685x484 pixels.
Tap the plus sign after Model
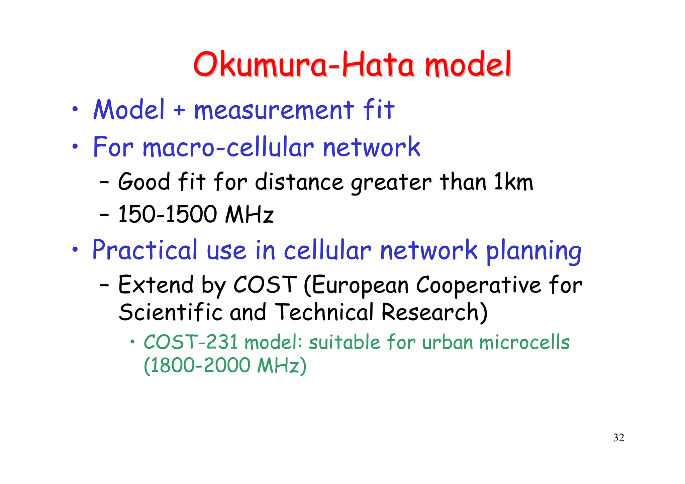click(x=179, y=110)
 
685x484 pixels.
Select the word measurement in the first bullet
click(x=274, y=110)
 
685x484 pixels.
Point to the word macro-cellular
click(x=228, y=147)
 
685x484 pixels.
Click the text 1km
click(x=513, y=182)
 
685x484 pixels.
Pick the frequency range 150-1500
click(x=167, y=214)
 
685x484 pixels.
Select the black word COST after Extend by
click(x=265, y=285)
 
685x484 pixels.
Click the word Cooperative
click(x=478, y=285)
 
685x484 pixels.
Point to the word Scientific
click(x=171, y=312)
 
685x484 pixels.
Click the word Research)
click(x=434, y=312)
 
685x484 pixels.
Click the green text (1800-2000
click(x=197, y=365)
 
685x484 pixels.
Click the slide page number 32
click(x=618, y=438)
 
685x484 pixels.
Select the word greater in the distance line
click(x=391, y=183)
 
